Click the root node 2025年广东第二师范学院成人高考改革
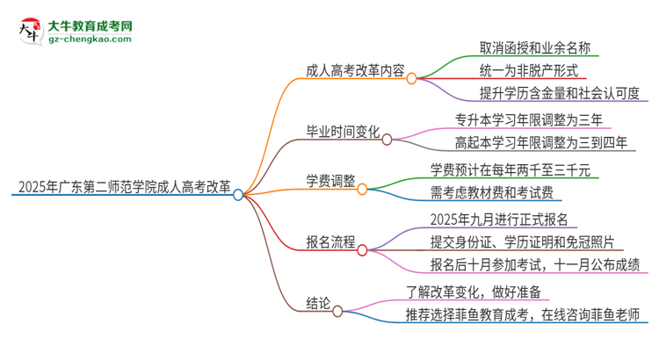click(122, 186)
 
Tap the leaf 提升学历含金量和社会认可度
click(546, 93)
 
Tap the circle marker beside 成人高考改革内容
click(411, 76)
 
